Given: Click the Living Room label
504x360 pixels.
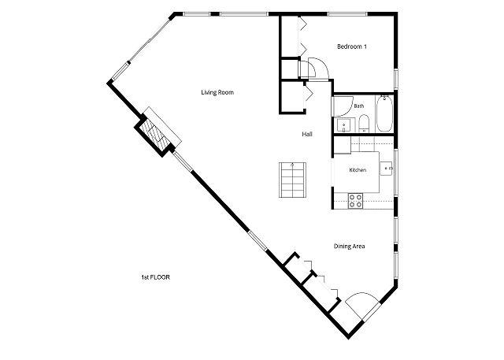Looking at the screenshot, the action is (217, 93).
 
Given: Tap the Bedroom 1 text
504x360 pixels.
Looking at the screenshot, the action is (352, 46).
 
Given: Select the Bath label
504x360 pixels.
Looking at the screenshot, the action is (359, 106).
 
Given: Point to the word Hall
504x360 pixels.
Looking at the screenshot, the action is (307, 134).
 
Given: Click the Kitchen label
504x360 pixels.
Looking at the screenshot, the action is (358, 170).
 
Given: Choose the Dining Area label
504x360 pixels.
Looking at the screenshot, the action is (349, 247).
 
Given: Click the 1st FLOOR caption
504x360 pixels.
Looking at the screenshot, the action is (156, 277).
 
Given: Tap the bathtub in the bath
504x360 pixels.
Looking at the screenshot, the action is (384, 113).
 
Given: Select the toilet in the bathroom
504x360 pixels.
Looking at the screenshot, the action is (364, 124).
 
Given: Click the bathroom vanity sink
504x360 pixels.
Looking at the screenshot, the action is (344, 125).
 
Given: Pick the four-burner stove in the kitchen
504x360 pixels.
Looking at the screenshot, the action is (356, 201).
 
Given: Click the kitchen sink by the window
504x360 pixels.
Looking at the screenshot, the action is (387, 169).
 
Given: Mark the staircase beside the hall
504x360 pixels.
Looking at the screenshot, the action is (292, 180).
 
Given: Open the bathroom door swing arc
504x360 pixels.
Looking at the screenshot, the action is (343, 106).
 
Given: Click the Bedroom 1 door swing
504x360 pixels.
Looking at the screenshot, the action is (318, 68).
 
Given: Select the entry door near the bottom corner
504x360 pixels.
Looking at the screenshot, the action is (362, 306).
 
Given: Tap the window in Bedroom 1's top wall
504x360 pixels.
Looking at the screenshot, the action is (347, 14).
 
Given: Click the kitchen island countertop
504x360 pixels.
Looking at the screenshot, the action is (357, 172).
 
